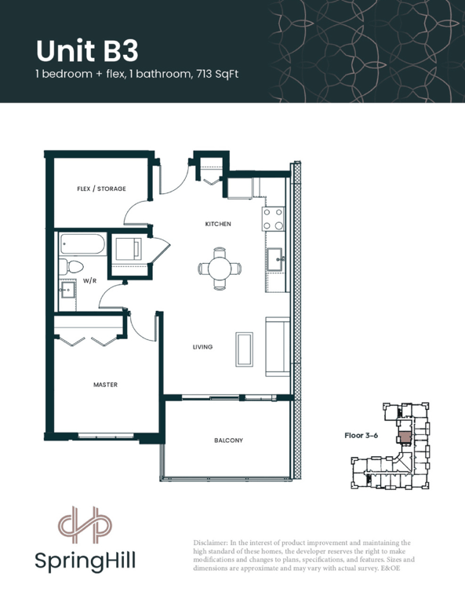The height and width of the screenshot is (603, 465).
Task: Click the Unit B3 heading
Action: (87, 51)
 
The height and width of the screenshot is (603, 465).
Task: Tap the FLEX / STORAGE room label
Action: (101, 188)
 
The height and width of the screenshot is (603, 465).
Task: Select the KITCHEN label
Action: (218, 224)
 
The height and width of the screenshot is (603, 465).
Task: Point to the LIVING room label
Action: (202, 347)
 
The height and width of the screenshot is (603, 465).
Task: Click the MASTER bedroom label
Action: (106, 385)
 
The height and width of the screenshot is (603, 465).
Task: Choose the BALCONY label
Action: (228, 440)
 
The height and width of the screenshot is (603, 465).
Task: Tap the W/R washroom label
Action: (90, 281)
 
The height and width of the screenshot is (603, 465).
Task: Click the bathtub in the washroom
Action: (82, 244)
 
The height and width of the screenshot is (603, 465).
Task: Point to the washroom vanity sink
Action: (67, 290)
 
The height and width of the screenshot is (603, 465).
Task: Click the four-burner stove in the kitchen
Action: (274, 219)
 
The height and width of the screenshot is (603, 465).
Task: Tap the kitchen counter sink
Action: (276, 259)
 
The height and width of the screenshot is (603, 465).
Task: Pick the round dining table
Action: (220, 269)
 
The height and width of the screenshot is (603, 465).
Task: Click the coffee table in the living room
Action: (244, 349)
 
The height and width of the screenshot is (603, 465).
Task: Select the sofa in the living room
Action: (278, 347)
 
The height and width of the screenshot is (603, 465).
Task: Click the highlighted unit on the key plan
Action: (405, 437)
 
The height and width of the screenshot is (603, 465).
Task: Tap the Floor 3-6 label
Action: (361, 435)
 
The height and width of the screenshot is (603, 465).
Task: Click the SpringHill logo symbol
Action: (85, 525)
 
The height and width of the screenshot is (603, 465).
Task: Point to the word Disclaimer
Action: (209, 543)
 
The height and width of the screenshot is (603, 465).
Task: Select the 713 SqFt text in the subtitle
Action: (217, 74)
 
